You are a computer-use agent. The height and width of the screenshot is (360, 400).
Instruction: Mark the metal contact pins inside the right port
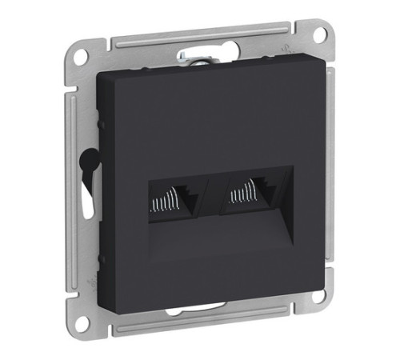tap(241, 194)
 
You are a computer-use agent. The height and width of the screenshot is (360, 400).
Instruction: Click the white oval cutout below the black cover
tap(196, 308)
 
